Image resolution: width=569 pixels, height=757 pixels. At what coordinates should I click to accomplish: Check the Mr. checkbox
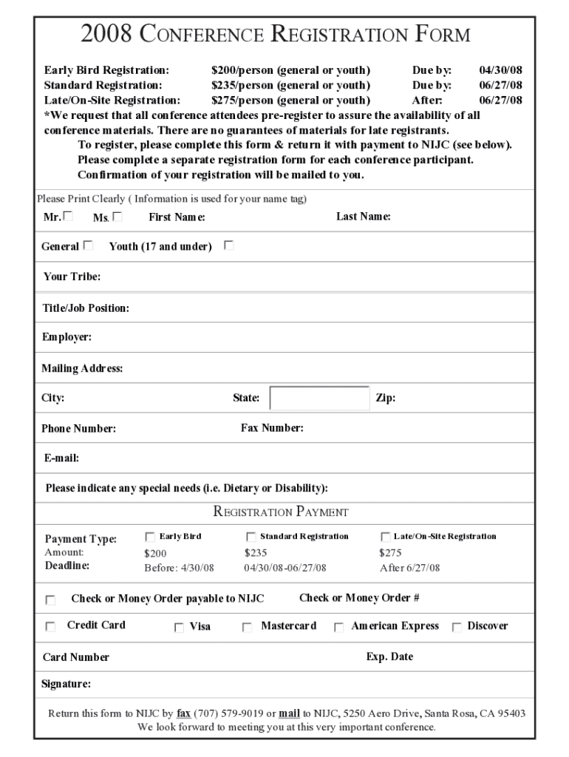[69, 217]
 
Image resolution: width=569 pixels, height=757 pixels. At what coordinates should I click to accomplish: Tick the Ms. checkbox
[117, 217]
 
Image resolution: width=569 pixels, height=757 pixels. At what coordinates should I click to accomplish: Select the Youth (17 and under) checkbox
[229, 245]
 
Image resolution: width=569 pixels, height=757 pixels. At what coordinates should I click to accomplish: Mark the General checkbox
[89, 245]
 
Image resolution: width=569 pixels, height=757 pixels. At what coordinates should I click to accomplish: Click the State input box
[319, 398]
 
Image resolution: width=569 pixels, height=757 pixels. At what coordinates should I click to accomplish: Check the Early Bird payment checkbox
[150, 537]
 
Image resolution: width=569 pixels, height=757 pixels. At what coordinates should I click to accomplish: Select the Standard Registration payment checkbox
[251, 537]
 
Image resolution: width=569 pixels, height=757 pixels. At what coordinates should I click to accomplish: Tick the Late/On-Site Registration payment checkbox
[385, 537]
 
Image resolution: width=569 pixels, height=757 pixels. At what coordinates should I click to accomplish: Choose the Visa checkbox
[179, 628]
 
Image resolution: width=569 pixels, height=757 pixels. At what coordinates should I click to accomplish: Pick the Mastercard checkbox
[248, 628]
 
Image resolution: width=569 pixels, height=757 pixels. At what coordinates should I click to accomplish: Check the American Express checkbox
[338, 628]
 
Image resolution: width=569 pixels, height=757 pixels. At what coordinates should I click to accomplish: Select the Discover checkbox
[457, 628]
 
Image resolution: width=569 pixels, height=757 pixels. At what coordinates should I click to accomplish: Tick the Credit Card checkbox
[50, 627]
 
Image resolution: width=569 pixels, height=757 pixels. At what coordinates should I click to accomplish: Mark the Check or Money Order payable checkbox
[50, 600]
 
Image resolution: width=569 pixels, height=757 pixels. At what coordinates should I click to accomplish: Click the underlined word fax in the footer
[183, 713]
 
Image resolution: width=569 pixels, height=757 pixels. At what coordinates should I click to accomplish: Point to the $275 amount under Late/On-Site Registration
[390, 552]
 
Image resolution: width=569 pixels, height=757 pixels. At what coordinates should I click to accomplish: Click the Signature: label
[66, 684]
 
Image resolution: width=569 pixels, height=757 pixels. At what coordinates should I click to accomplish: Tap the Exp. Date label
[389, 656]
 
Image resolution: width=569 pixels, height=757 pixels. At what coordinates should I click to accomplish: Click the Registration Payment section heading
[281, 512]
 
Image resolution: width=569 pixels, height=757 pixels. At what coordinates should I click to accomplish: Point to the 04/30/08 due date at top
[500, 70]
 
